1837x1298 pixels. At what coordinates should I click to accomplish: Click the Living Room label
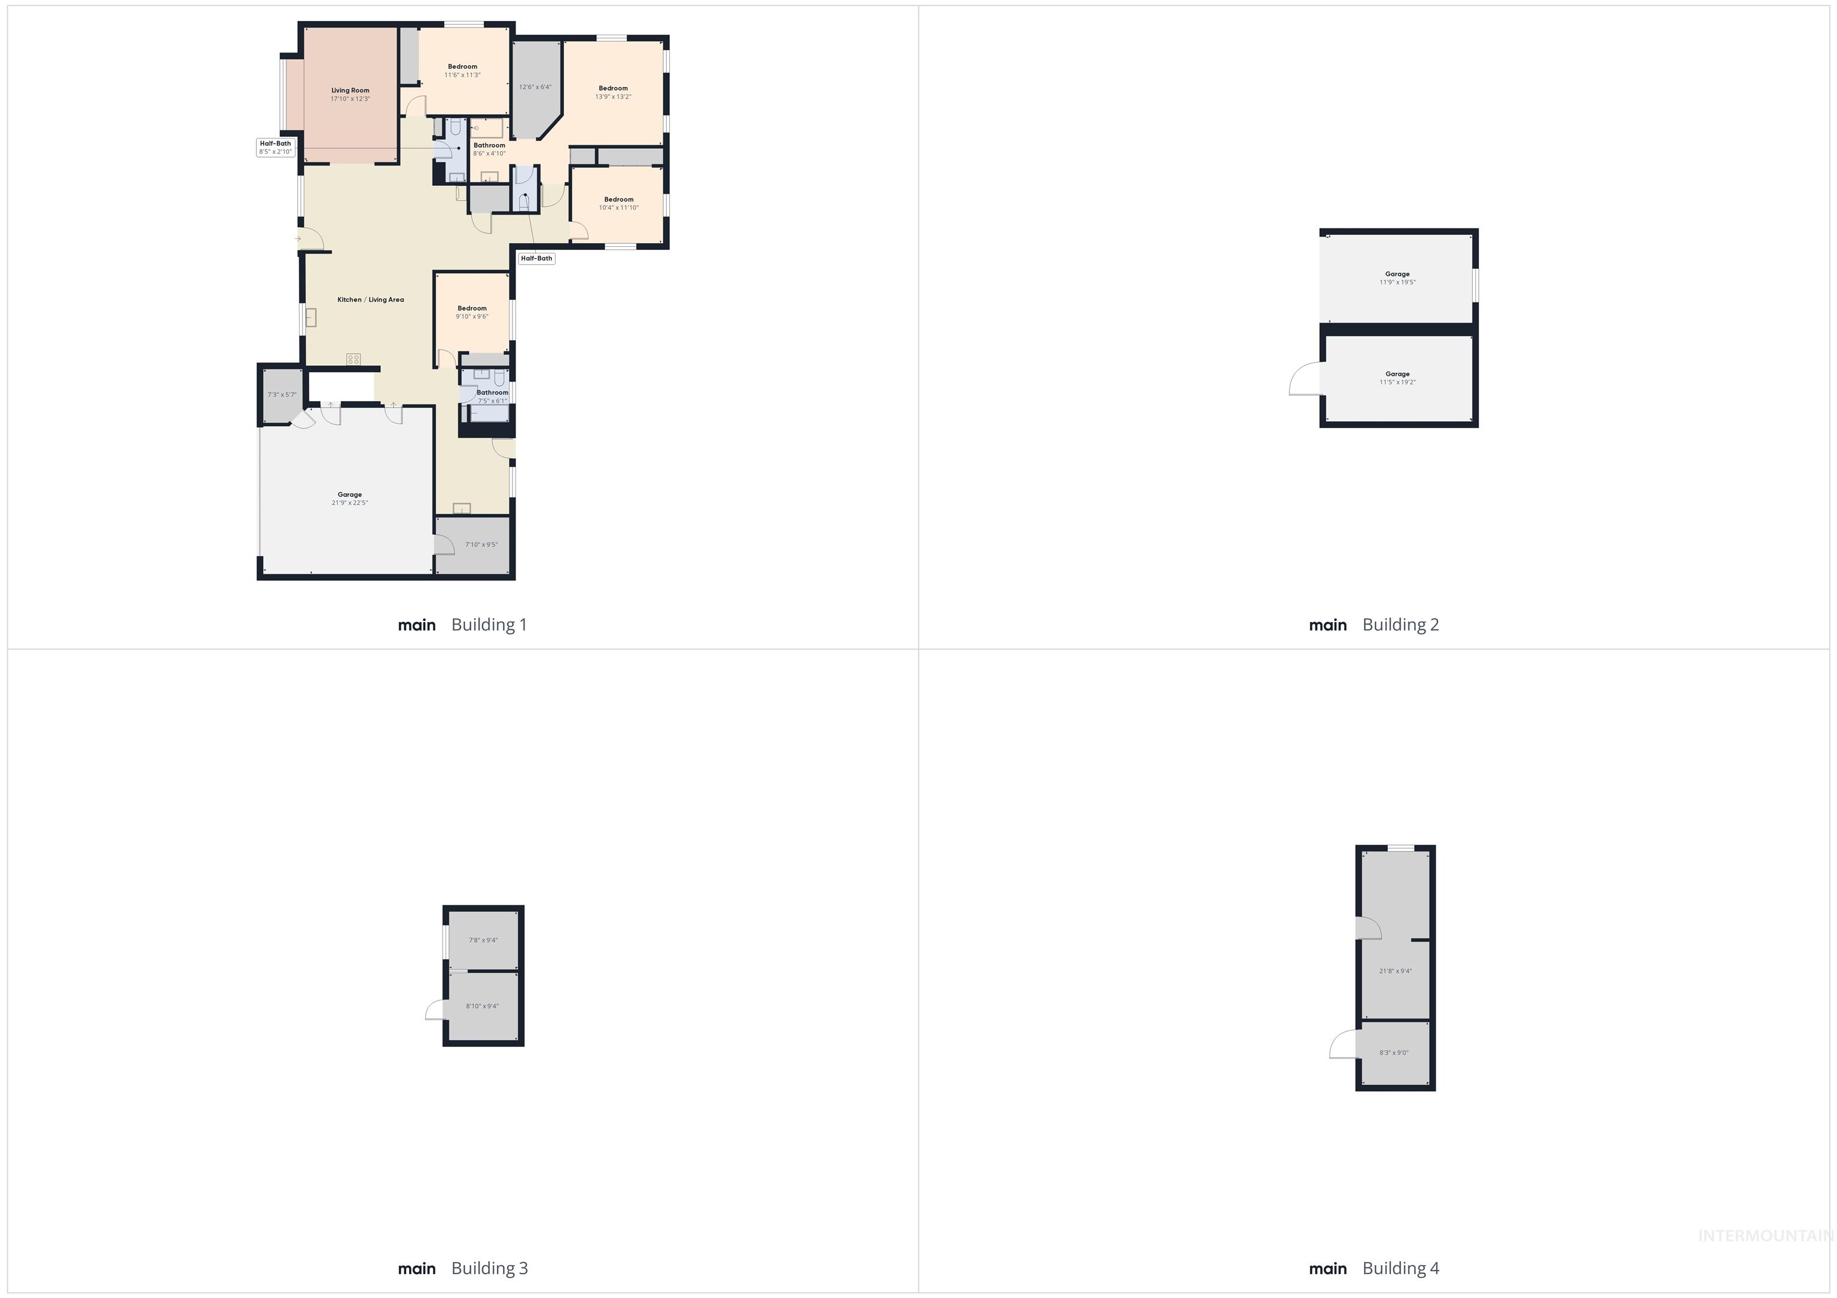(350, 90)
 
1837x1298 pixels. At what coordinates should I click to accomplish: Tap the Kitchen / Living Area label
(370, 300)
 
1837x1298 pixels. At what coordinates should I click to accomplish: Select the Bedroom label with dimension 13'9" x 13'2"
(613, 88)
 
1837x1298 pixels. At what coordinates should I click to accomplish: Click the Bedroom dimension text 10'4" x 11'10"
(618, 208)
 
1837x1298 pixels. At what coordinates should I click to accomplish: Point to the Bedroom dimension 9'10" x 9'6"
(472, 317)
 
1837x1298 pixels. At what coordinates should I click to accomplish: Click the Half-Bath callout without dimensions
(536, 258)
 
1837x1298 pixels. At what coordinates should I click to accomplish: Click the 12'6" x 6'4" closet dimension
(535, 87)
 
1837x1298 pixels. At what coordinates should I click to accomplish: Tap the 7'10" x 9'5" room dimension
(481, 544)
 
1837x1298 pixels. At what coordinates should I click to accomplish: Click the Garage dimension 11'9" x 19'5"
(1397, 282)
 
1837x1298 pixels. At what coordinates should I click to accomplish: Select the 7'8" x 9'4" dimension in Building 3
(483, 941)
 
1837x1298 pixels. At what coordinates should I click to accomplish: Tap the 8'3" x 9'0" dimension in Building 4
(1394, 1052)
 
